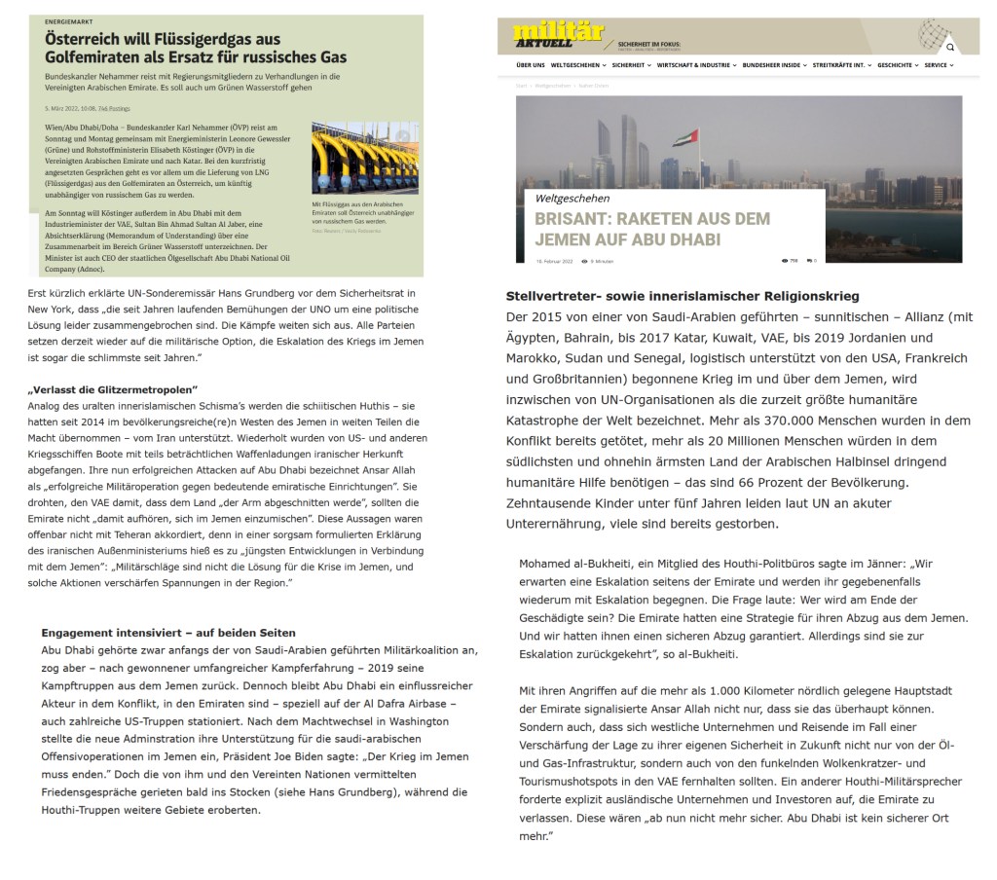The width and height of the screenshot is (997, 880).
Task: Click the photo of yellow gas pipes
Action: pos(365,158)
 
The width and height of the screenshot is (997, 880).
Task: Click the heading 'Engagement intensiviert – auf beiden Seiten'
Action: pos(168,633)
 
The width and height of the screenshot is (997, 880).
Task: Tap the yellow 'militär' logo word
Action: pos(545,31)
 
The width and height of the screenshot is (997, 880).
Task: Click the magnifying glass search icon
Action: pos(950,47)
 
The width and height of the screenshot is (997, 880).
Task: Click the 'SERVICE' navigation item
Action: pos(938,65)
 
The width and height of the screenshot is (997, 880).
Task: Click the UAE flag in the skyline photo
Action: pos(686,137)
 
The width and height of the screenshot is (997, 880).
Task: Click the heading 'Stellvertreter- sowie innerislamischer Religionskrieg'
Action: pos(683,296)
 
